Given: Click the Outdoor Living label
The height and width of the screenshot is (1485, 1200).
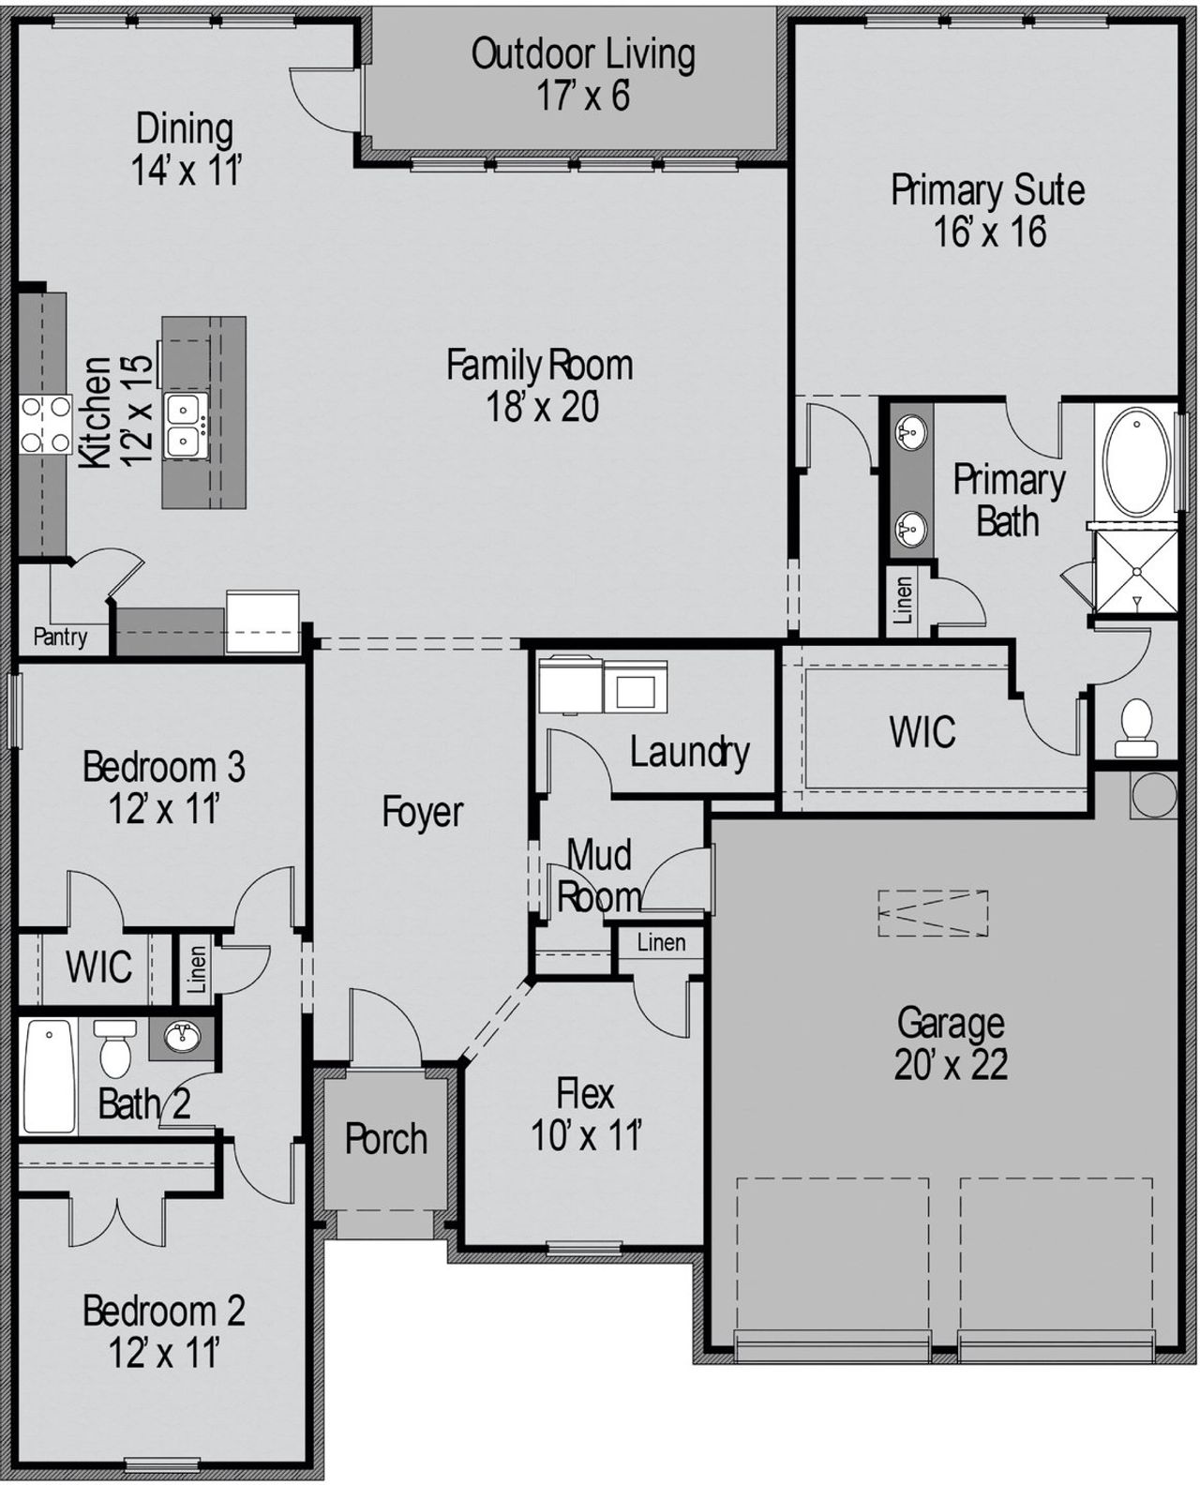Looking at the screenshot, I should pos(582,54).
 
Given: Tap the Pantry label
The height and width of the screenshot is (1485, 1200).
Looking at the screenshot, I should pos(60,637).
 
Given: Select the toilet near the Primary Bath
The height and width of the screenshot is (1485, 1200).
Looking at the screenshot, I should pos(1137,726).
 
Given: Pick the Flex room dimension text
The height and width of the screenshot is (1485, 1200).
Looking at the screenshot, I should pos(586,1136).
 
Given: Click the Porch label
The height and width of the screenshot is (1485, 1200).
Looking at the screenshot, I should pos(385,1139).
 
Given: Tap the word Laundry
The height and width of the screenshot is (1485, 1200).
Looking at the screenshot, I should pos(689,752).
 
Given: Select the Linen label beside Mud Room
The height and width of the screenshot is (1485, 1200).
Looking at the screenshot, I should pos(661,942).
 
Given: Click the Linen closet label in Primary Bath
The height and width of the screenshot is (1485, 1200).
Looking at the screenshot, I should pos(904,601).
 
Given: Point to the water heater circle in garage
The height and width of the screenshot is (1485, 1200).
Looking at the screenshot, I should pos(1153,793).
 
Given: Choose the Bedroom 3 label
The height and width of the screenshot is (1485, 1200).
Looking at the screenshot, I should pos(164,767).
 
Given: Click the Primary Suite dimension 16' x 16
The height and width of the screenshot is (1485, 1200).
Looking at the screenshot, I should pos(989,232).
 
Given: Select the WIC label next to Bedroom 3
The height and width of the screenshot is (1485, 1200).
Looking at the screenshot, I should pos(98,967).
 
